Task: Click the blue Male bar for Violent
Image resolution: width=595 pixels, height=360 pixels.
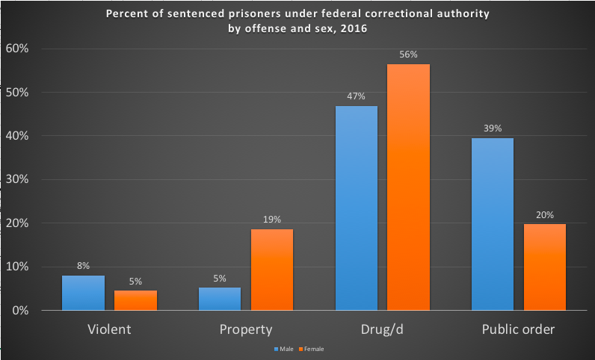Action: click(x=83, y=293)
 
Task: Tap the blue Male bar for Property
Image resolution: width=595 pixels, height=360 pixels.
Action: click(x=220, y=299)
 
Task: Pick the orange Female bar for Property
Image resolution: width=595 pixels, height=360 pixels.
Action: click(x=271, y=270)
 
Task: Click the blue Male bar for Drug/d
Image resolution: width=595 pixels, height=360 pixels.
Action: click(x=357, y=208)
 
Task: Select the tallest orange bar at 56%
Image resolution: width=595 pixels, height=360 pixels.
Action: click(x=408, y=187)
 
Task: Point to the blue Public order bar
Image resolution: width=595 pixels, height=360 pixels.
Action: click(x=493, y=224)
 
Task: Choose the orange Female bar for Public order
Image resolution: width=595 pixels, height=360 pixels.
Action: click(x=545, y=267)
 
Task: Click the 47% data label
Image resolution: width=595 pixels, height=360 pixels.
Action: click(x=357, y=96)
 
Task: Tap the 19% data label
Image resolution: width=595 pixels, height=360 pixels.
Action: click(x=271, y=220)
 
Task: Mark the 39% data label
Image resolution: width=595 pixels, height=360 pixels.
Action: click(x=493, y=128)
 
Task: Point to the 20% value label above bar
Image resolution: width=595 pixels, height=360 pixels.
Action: click(x=545, y=214)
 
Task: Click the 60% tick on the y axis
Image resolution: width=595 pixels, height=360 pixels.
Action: click(x=17, y=49)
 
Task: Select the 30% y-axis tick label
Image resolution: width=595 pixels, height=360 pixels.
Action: click(x=17, y=180)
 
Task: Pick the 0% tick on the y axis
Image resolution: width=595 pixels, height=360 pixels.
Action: click(x=20, y=310)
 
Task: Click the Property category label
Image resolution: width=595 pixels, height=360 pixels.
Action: click(x=246, y=329)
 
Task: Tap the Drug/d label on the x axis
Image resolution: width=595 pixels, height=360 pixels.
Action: click(x=383, y=329)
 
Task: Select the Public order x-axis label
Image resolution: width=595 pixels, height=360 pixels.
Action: click(x=519, y=329)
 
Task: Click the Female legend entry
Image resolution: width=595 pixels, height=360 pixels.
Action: click(x=312, y=349)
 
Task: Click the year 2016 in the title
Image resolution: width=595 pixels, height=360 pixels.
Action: click(x=354, y=29)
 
